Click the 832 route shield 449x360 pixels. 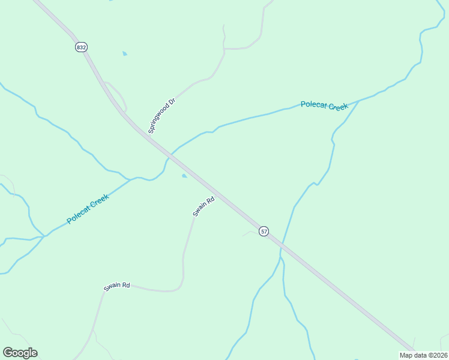coord(82,47)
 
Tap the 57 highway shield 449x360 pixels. coord(264,231)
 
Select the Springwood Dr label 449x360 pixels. coord(162,115)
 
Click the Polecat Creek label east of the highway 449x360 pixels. coord(324,106)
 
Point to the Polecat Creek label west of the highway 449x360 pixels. coord(88,209)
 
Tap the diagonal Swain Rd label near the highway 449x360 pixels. coord(203,208)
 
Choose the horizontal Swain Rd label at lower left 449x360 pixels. coord(117,286)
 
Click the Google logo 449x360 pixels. coord(20,353)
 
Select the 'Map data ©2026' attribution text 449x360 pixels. coord(423,355)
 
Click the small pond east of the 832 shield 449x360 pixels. coord(125,54)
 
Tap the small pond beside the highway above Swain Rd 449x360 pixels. coord(184,176)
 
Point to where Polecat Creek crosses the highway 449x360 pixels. coord(170,155)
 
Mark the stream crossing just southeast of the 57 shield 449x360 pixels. coord(282,245)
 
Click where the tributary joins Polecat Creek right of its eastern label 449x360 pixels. coord(359,100)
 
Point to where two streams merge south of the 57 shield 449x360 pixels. coord(280,259)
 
